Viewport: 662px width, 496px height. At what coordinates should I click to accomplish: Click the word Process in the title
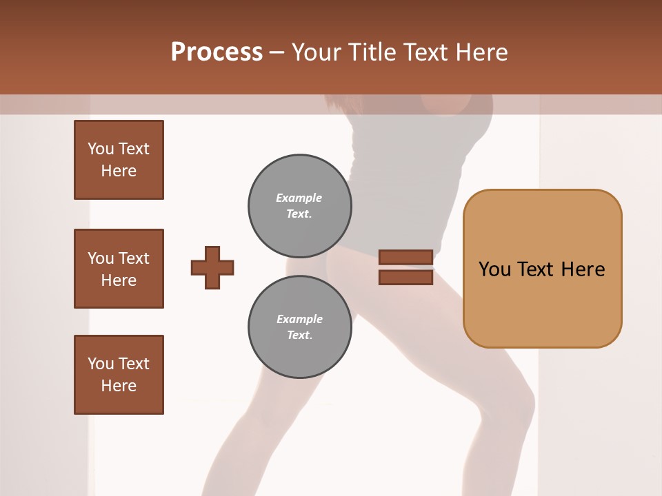point(217,52)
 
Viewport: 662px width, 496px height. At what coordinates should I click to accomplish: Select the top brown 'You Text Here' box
point(119,160)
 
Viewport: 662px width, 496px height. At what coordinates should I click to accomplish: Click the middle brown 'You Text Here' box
point(119,269)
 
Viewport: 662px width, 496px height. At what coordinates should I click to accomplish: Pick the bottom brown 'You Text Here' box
point(119,375)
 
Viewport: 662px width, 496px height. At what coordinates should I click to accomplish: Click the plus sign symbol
point(212,267)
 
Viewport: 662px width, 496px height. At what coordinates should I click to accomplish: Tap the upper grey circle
point(299,205)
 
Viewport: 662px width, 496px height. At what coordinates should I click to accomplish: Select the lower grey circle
point(299,327)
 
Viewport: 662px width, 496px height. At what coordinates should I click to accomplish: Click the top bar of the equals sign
point(406,258)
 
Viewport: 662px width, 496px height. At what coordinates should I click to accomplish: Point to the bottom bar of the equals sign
point(406,277)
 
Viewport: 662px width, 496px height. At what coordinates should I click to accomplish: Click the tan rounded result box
point(542,269)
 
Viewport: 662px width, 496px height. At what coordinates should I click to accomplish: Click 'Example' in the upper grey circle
point(299,198)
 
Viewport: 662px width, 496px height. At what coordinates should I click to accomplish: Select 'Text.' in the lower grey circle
point(300,335)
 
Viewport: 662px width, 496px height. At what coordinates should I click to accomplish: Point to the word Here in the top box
point(119,171)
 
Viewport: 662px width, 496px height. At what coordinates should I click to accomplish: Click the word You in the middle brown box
point(100,258)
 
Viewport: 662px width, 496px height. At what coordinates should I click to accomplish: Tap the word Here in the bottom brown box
point(119,386)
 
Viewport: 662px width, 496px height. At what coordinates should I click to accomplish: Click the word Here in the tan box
point(583,269)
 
